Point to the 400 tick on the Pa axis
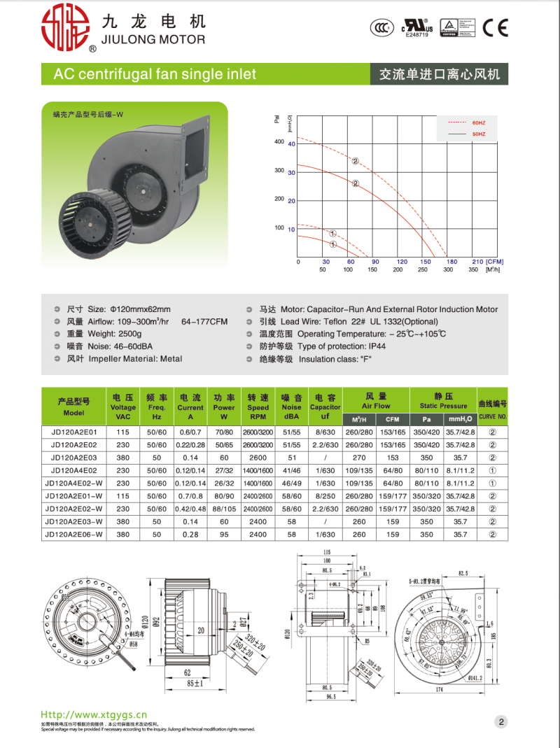pyautogui.click(x=279, y=142)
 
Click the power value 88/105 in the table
pyautogui.click(x=224, y=509)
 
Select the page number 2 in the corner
pyautogui.click(x=502, y=721)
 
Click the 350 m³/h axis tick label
pyautogui.click(x=472, y=269)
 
